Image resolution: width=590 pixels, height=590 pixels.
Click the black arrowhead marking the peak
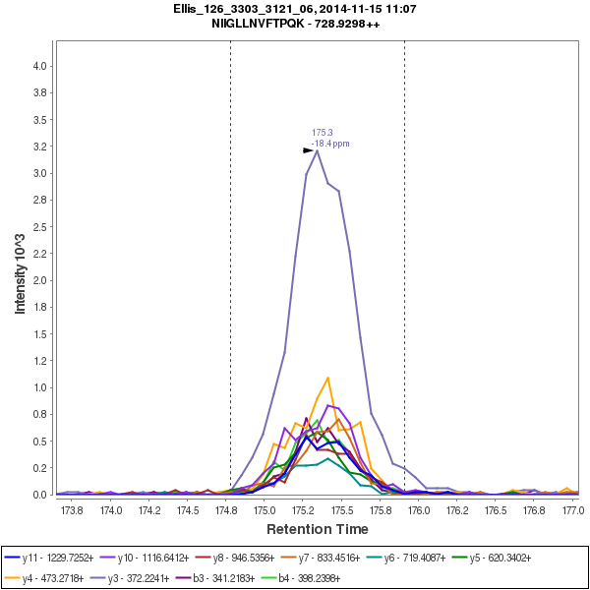point(308,150)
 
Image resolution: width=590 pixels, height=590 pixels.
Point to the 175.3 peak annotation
point(323,133)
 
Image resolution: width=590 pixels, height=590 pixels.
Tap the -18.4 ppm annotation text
point(330,144)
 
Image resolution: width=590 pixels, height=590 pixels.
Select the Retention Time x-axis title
point(317,529)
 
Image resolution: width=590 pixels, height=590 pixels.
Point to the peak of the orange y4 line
point(327,378)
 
